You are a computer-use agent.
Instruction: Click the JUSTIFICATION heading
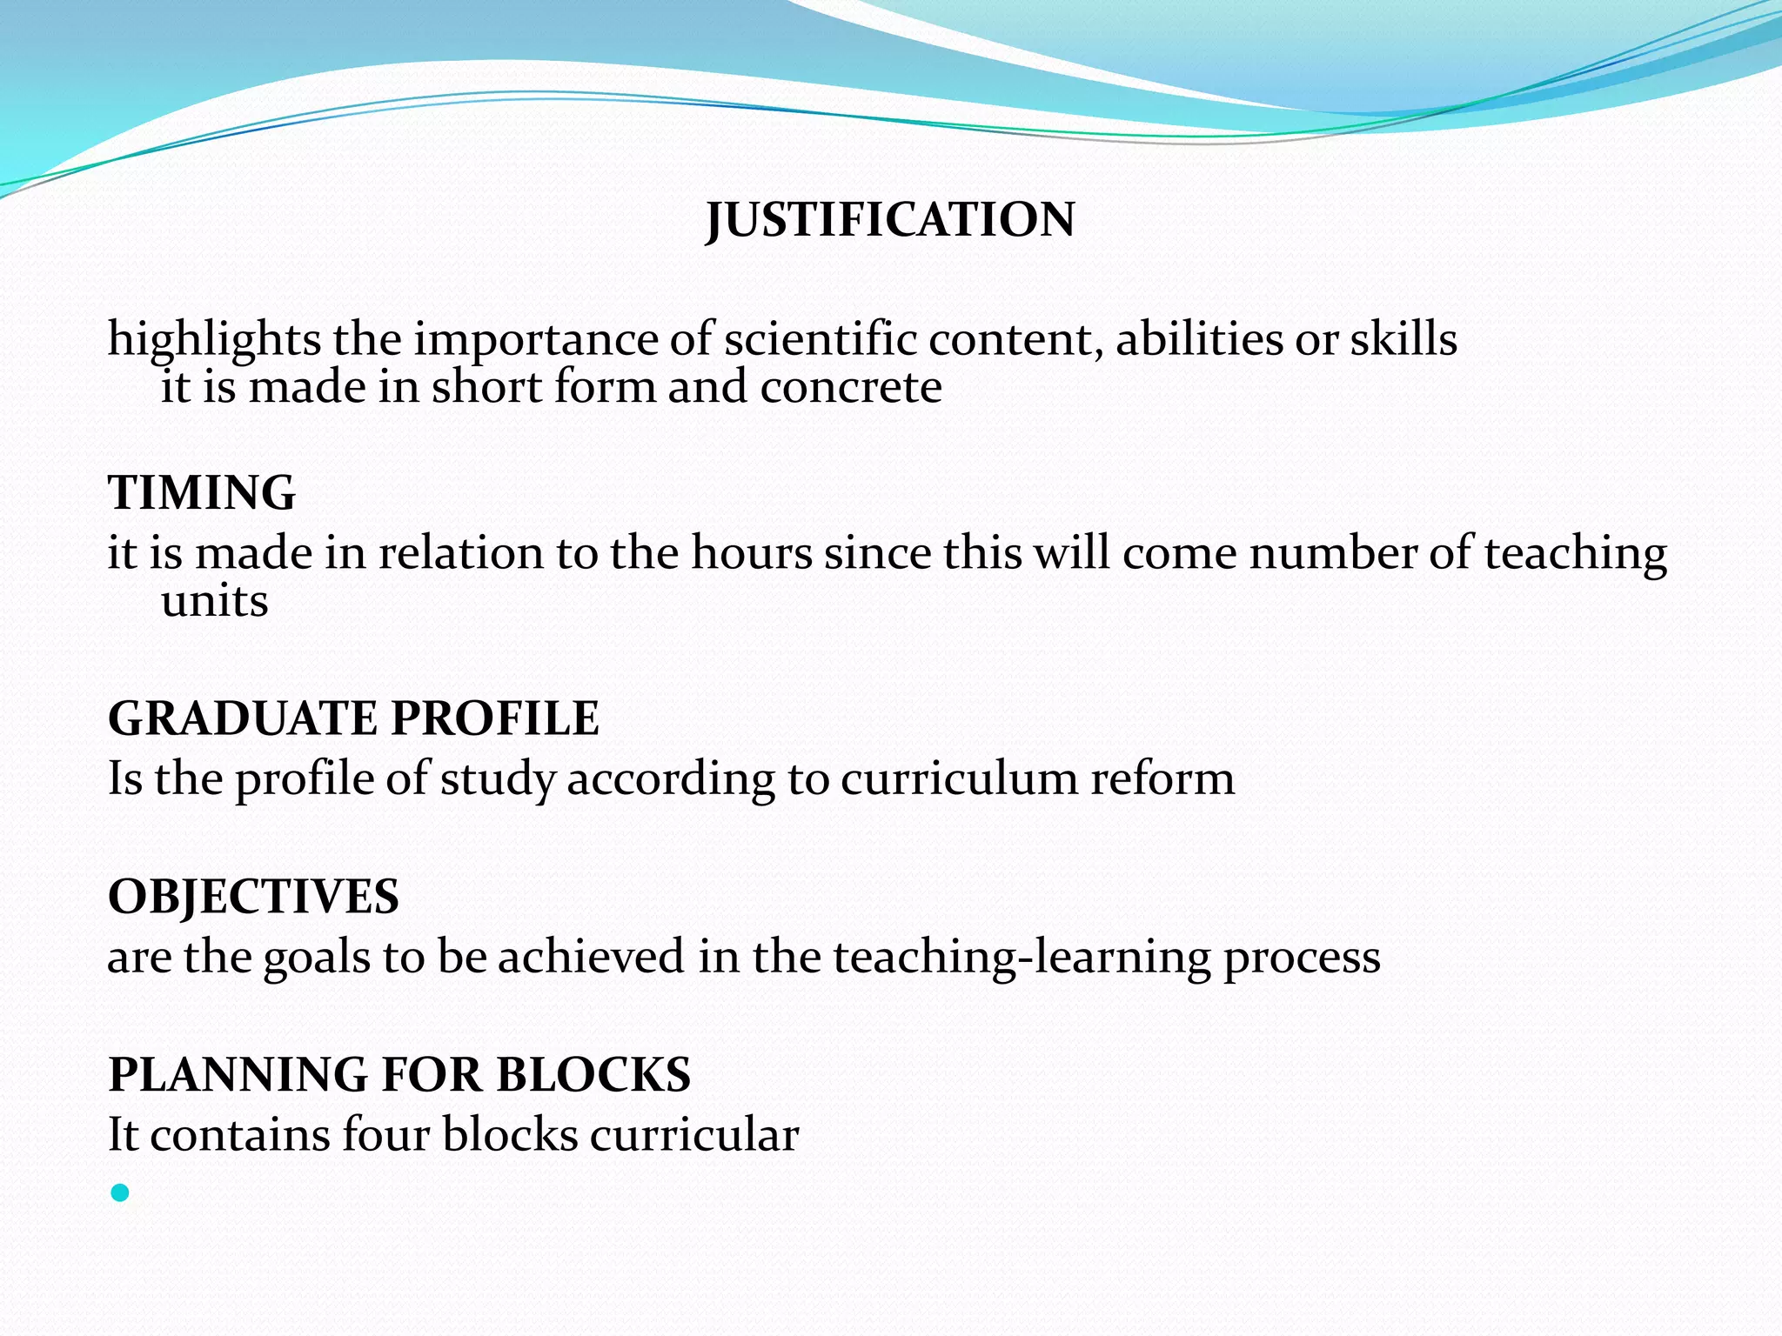click(890, 219)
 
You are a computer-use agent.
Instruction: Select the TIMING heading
click(202, 492)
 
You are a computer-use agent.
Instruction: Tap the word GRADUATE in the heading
click(243, 718)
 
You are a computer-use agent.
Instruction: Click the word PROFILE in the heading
click(495, 718)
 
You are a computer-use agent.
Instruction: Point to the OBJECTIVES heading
click(253, 897)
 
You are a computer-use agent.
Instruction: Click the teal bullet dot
click(120, 1193)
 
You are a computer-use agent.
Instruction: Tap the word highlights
click(214, 340)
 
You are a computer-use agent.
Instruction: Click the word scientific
click(821, 338)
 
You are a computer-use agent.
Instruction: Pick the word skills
click(1403, 338)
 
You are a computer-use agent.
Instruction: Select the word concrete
click(850, 388)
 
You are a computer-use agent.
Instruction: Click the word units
click(215, 602)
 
